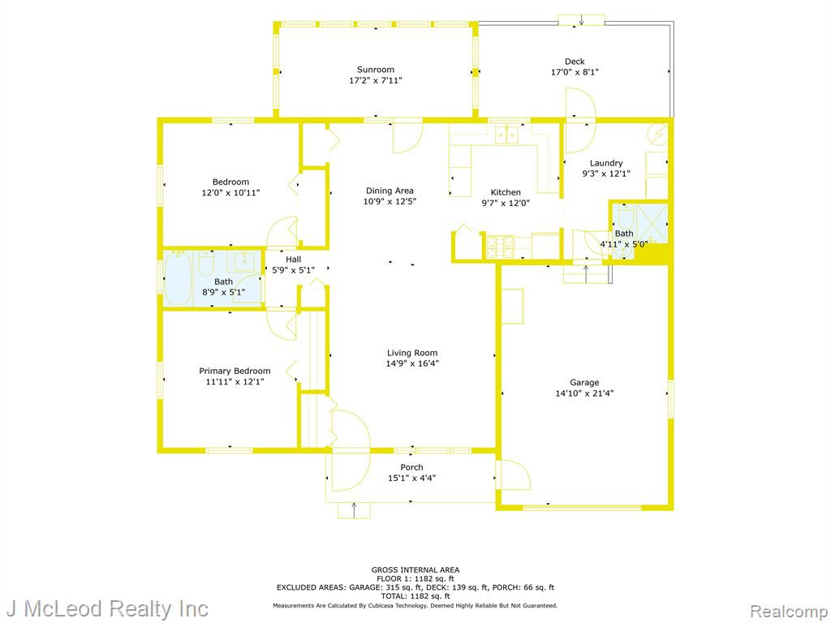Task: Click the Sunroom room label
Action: click(375, 70)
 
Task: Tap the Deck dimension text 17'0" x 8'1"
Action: click(575, 72)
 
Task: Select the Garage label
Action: click(584, 383)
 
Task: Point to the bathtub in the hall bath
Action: click(178, 277)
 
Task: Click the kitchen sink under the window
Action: click(506, 135)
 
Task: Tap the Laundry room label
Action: click(605, 163)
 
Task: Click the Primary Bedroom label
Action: click(235, 371)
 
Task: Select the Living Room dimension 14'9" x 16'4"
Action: click(412, 363)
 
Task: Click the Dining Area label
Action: click(390, 191)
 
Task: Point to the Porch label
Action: click(411, 467)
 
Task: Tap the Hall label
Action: click(293, 259)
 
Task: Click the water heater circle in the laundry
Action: click(658, 134)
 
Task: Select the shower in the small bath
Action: click(651, 223)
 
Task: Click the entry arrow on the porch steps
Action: click(354, 509)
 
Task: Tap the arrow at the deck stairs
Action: click(581, 20)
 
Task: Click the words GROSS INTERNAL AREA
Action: click(415, 570)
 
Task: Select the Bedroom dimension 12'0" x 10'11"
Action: click(230, 193)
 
